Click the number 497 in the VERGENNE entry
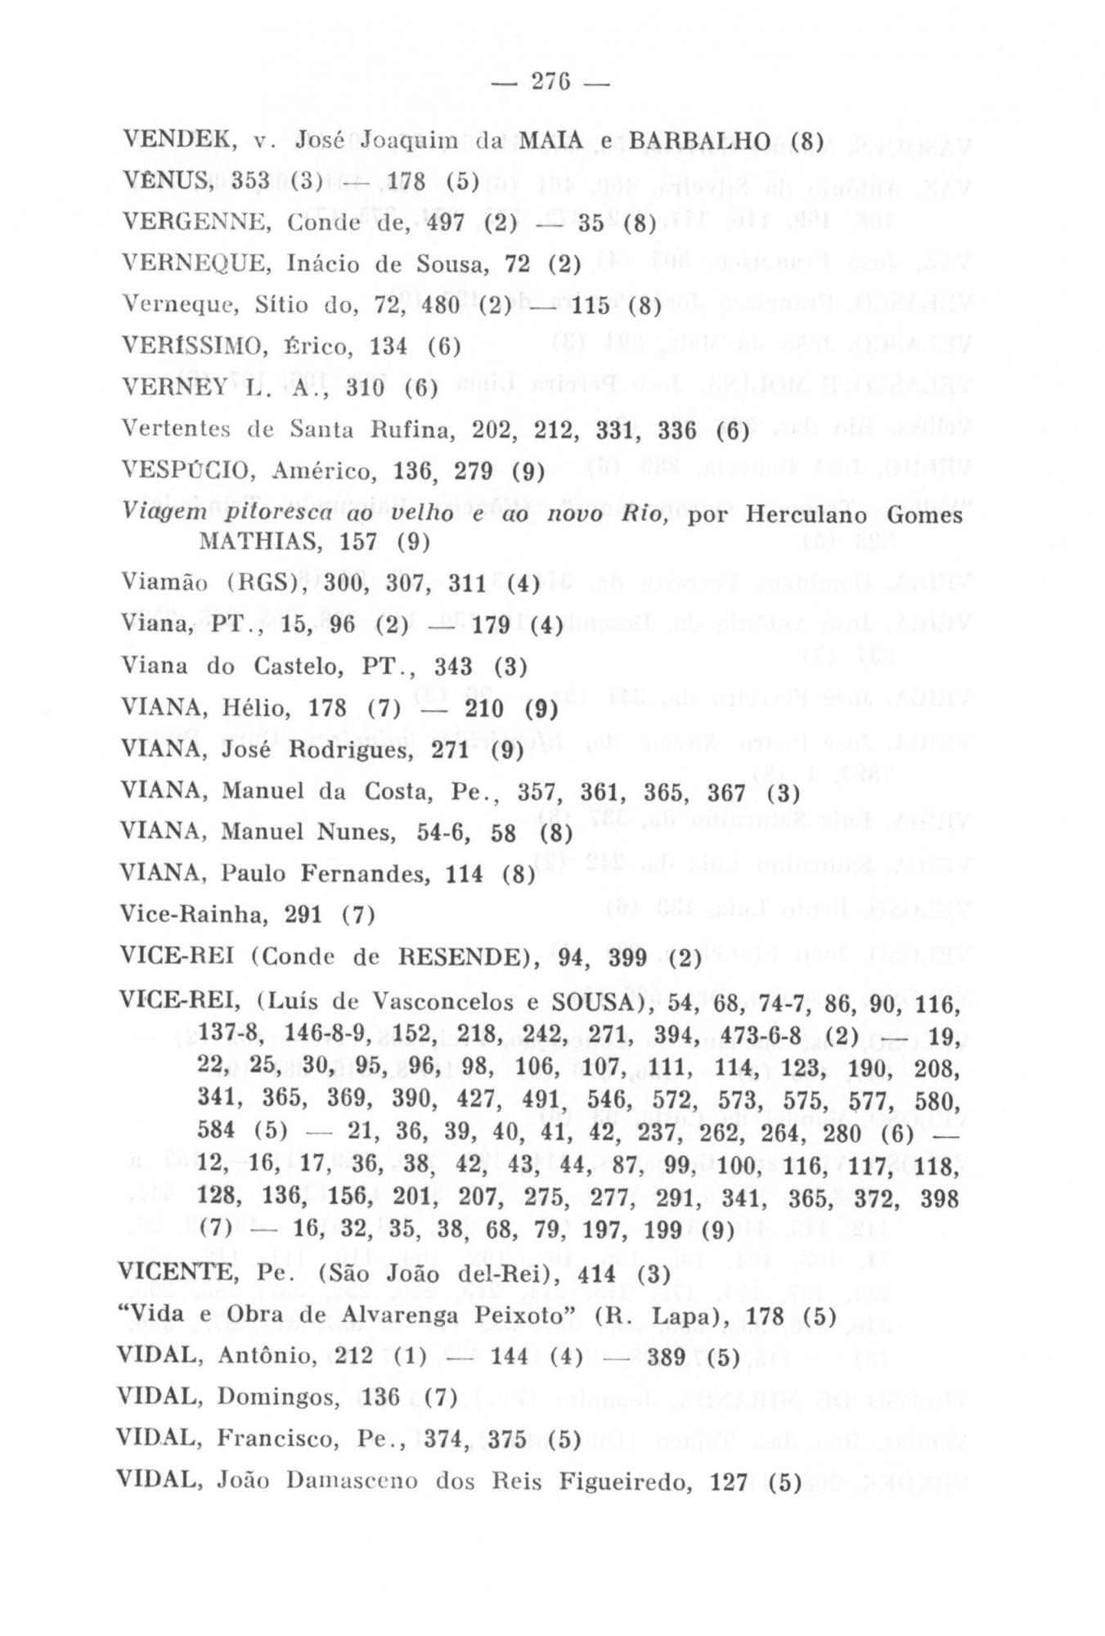(x=446, y=222)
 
